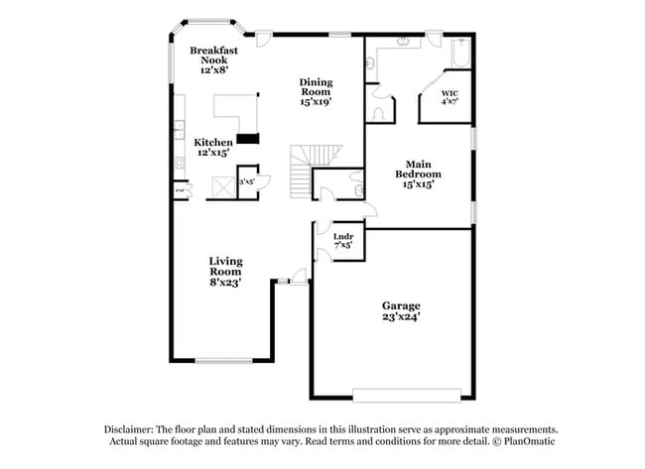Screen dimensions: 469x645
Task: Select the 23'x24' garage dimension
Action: pyautogui.click(x=402, y=317)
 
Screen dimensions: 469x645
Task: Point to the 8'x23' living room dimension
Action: pyautogui.click(x=225, y=283)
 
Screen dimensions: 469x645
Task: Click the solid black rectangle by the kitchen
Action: pyautogui.click(x=247, y=139)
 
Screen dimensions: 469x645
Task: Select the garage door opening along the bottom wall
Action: pyautogui.click(x=407, y=395)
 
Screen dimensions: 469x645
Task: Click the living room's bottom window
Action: pyautogui.click(x=223, y=360)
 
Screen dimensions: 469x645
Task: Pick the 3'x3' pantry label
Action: pyautogui.click(x=246, y=181)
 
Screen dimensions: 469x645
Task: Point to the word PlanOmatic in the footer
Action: pyautogui.click(x=531, y=441)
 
